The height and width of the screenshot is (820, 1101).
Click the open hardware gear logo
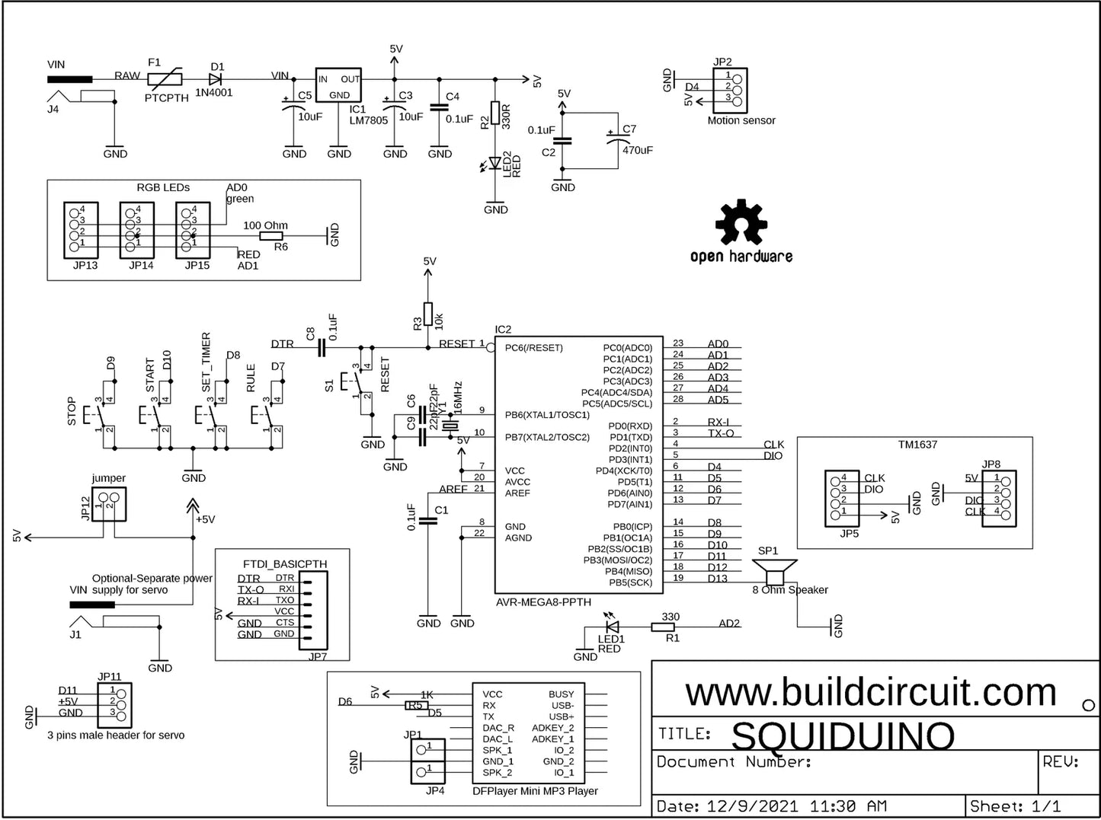[x=739, y=222]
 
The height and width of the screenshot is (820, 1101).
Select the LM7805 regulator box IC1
[x=338, y=85]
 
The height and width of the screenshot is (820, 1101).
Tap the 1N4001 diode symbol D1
[x=215, y=78]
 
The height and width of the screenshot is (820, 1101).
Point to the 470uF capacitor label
[x=637, y=150]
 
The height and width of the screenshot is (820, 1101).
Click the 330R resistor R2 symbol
[x=495, y=112]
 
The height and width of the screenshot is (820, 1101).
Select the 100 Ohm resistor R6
[x=272, y=236]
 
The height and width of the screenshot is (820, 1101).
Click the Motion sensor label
[x=741, y=120]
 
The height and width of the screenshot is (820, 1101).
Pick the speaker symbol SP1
[x=774, y=571]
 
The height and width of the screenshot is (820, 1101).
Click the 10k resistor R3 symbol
[x=428, y=314]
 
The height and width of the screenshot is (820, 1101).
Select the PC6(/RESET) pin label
[x=533, y=348]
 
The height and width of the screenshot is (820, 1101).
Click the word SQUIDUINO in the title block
[x=843, y=735]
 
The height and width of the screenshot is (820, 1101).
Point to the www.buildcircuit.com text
[x=871, y=693]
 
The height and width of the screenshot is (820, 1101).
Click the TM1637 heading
[x=917, y=444]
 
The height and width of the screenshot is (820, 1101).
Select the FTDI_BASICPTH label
[x=284, y=564]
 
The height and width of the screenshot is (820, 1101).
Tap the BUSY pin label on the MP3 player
[x=561, y=694]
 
